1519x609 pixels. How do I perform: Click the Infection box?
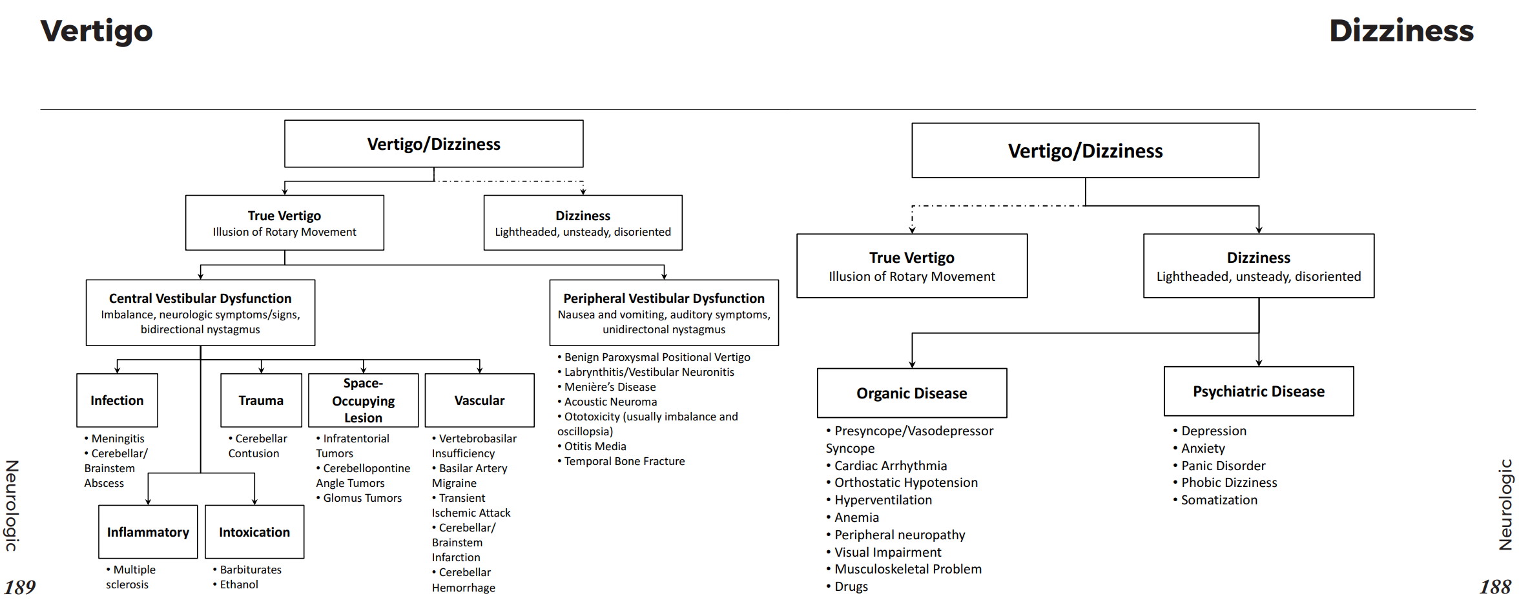coord(117,400)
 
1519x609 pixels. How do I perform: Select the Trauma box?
coord(261,400)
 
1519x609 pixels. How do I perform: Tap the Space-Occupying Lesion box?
coord(363,400)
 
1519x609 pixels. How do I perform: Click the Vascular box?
coord(479,400)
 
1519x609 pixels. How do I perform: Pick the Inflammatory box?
coord(148,532)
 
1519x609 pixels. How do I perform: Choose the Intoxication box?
coord(254,532)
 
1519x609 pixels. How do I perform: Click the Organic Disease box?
coord(911,393)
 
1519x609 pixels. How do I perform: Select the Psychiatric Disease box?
coord(1258,391)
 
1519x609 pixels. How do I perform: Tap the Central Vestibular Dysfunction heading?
coord(200,298)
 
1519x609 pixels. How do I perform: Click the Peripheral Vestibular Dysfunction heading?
coord(664,298)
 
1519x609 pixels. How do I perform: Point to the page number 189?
coord(20,587)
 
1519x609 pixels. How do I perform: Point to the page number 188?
coord(1495,587)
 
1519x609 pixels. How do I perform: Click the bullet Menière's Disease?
coord(610,387)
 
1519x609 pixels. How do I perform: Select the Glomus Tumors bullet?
coord(362,498)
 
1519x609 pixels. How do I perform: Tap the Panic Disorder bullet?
coord(1223,466)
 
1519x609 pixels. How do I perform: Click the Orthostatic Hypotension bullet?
coord(905,482)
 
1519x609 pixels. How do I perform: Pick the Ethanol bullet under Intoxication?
coord(238,584)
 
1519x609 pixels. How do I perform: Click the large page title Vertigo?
coord(97,31)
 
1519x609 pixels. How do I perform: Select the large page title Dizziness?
coord(1401,31)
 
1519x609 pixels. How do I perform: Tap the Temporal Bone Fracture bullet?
coord(624,461)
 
